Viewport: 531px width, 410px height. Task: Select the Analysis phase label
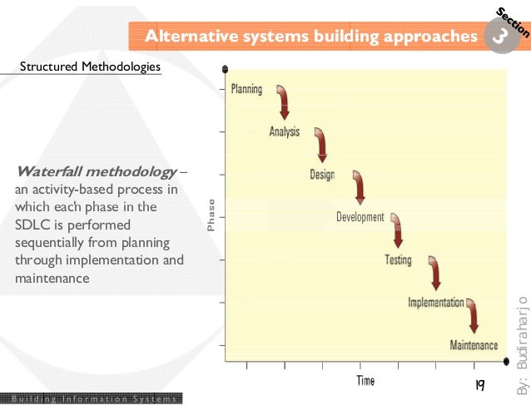coord(285,131)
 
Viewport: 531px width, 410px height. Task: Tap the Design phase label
coord(323,175)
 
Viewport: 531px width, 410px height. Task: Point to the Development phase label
coord(360,217)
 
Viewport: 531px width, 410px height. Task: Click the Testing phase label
coord(398,260)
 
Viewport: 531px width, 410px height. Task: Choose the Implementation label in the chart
coord(435,303)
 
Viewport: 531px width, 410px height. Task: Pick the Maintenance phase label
coord(474,345)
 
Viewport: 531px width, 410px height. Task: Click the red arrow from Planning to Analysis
coord(284,101)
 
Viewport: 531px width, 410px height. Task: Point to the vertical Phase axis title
coord(211,215)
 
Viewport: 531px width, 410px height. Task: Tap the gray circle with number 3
coord(498,37)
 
